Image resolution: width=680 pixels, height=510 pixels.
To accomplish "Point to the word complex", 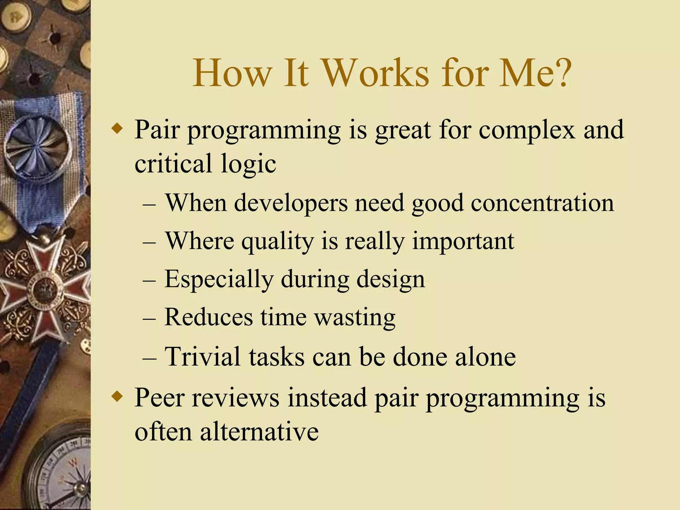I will (527, 130).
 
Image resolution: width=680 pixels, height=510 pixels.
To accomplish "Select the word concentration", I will (542, 203).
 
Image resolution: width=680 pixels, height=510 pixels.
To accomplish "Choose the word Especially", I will (219, 280).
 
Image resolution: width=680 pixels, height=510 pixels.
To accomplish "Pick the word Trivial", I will (202, 357).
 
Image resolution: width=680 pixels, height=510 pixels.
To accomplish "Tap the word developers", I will (291, 203).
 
